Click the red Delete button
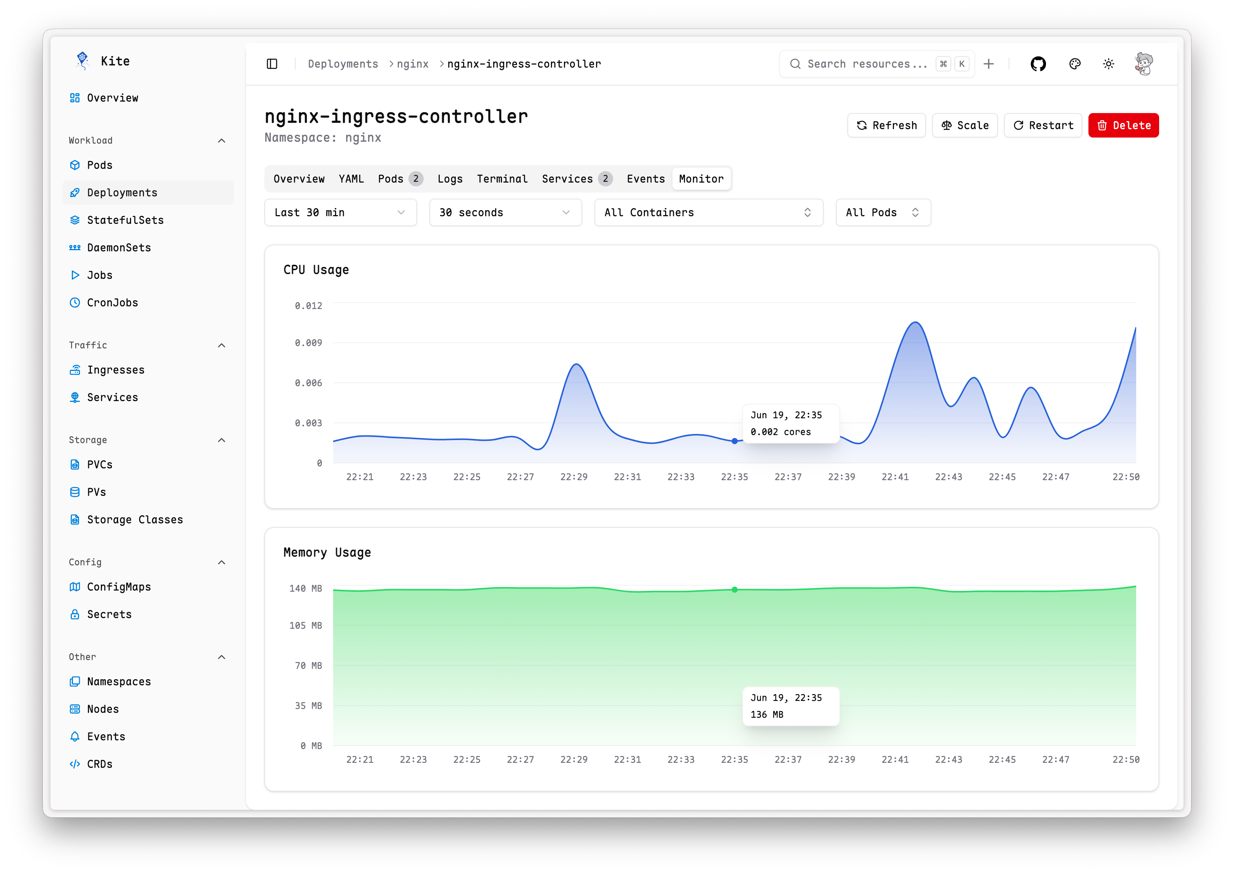coord(1123,125)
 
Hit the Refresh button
coord(886,125)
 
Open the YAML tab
coord(351,179)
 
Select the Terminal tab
coord(502,179)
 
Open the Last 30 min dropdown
coord(340,213)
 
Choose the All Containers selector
coord(708,213)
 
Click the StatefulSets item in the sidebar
coord(125,220)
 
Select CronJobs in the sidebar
coord(112,303)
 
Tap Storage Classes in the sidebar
coord(134,520)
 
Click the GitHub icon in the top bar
coord(1038,64)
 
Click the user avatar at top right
coord(1143,64)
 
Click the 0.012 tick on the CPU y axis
coord(308,306)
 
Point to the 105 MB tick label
coord(305,625)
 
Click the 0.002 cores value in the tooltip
coord(781,432)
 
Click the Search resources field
coord(866,64)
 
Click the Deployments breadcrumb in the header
coord(343,64)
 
